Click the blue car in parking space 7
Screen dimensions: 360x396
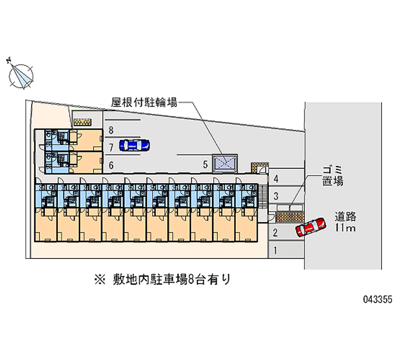(x=134, y=145)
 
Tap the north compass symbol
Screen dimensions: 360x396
(x=21, y=75)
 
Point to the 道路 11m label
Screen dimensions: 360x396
(x=346, y=222)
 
